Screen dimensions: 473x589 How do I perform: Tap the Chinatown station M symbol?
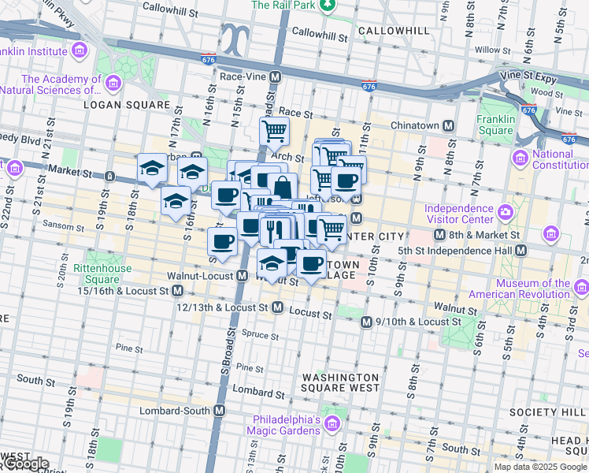click(x=448, y=125)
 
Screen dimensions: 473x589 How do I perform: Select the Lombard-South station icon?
click(x=220, y=411)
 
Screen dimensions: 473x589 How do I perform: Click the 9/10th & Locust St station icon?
click(x=366, y=322)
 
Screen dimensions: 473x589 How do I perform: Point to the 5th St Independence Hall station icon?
click(x=520, y=251)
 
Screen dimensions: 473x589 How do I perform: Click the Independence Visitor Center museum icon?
click(x=503, y=213)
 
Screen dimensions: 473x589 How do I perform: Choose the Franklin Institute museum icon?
click(x=79, y=51)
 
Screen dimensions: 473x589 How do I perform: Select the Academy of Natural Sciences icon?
click(x=113, y=83)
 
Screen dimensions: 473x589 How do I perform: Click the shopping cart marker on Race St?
click(x=274, y=130)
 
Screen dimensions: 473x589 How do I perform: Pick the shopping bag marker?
click(x=282, y=187)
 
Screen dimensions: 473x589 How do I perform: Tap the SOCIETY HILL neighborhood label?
click(x=544, y=412)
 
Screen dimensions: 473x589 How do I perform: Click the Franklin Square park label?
click(x=495, y=125)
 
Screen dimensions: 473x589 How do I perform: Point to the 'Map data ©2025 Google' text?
click(x=540, y=467)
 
